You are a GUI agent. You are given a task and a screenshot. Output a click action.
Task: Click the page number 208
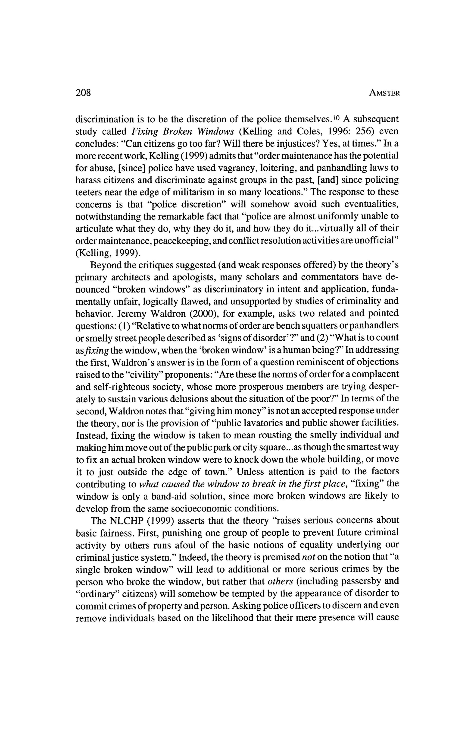(x=83, y=93)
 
